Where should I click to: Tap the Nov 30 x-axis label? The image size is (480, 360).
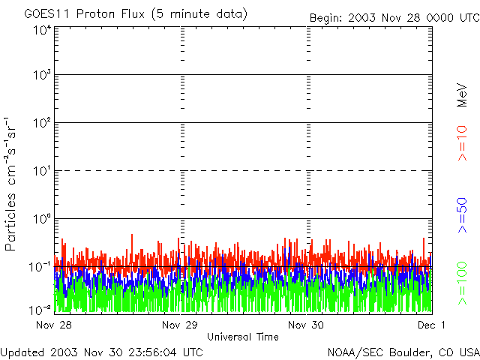[307, 325]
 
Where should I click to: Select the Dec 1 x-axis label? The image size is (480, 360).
[432, 325]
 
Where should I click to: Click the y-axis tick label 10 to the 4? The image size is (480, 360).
[41, 29]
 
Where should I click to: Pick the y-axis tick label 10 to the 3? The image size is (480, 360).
[41, 76]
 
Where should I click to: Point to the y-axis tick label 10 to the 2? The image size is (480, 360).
[41, 123]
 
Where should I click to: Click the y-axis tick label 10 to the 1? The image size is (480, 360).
[41, 171]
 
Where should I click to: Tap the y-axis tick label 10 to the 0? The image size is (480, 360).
[41, 219]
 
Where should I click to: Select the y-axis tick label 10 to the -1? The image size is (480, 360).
[40, 266]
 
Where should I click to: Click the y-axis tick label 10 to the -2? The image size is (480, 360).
[40, 309]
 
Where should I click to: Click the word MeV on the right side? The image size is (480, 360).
[462, 95]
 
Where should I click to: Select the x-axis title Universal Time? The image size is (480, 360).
[242, 337]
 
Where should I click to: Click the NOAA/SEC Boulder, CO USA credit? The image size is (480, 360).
[403, 352]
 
